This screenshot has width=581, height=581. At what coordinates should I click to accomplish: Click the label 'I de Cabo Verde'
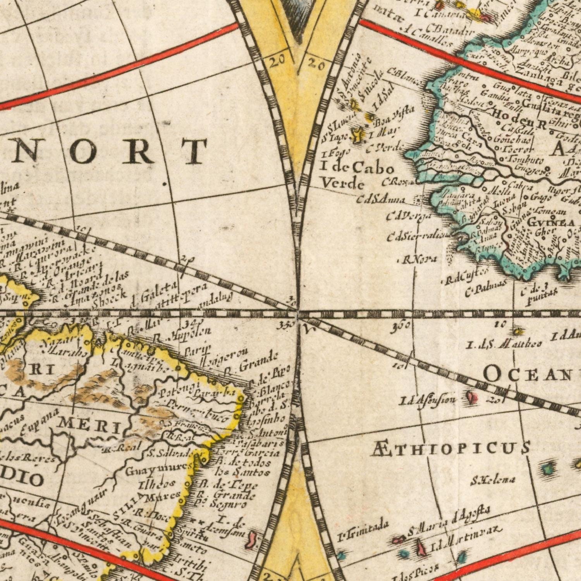[357, 175]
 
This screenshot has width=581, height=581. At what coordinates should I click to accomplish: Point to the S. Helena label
[493, 480]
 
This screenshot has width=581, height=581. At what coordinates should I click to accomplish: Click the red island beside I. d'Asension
[472, 397]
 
